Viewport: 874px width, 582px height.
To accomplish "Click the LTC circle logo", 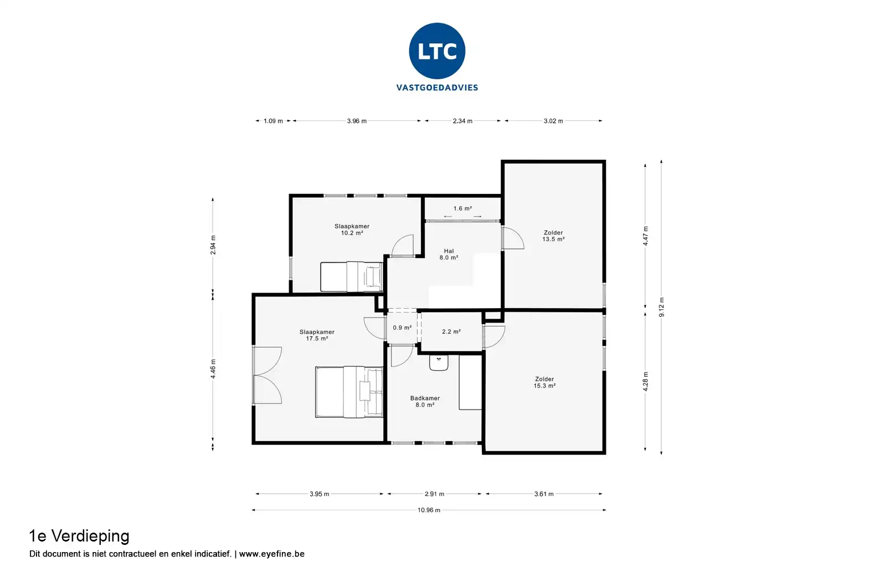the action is point(437,51).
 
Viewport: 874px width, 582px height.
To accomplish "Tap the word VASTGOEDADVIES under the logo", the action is point(437,88).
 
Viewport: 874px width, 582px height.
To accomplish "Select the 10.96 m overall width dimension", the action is point(429,510).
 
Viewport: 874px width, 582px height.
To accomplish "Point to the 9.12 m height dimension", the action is point(661,307).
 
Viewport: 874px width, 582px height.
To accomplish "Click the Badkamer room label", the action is point(425,401).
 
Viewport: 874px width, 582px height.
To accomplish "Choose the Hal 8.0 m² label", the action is point(449,254).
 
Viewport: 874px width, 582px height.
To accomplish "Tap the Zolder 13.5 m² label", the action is point(553,236).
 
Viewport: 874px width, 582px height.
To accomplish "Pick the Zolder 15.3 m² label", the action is point(544,382).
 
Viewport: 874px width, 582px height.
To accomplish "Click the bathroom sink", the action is point(439,363).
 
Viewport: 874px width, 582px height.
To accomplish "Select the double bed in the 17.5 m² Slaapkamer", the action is point(349,392).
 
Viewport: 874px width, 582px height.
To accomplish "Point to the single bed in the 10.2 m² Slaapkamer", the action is point(352,277).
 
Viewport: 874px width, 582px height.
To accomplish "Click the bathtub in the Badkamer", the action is point(470,382).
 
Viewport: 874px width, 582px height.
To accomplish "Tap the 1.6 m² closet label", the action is point(462,208).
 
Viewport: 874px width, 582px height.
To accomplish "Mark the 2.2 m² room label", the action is point(451,331).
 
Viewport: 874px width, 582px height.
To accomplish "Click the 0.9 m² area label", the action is point(402,328).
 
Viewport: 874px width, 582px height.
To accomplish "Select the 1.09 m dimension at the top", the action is point(273,121).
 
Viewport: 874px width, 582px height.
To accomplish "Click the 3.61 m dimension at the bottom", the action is point(544,494).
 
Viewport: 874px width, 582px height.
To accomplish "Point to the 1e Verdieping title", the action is point(79,537).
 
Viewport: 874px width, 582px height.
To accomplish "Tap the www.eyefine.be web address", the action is point(271,554).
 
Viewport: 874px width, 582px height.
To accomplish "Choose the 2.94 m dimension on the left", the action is point(213,245).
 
